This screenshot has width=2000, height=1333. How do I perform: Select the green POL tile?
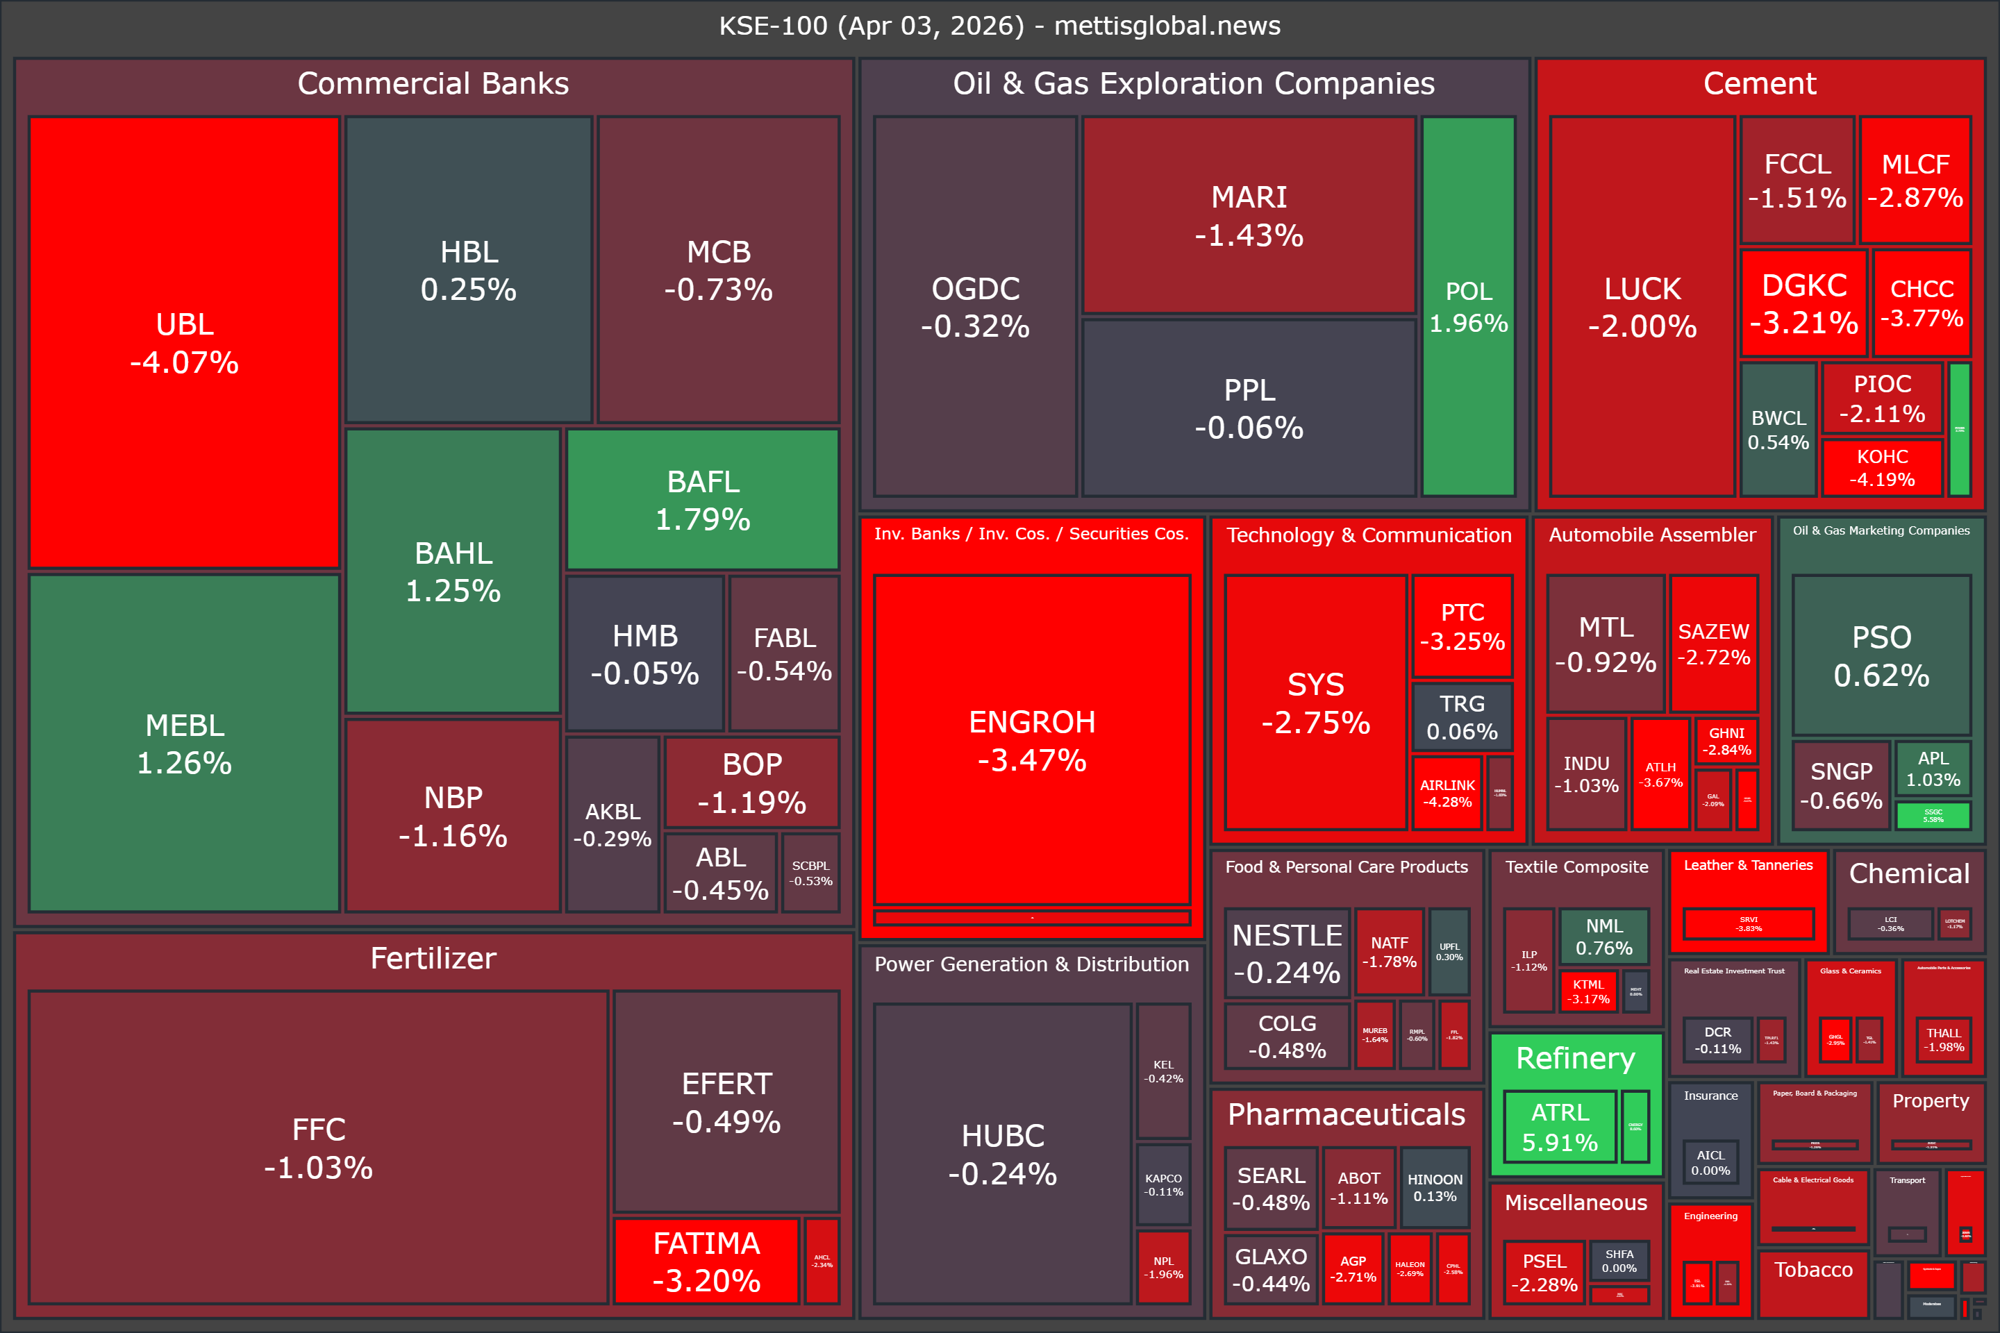pos(1469,306)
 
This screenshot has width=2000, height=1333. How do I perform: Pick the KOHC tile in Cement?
pos(1882,467)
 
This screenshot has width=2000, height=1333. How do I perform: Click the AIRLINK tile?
pos(1447,793)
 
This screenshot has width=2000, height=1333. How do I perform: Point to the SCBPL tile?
pos(810,873)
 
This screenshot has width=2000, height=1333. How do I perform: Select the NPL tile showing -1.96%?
pos(1163,1266)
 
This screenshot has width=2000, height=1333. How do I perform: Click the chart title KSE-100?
pos(999,26)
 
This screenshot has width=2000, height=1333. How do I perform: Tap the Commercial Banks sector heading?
pos(433,83)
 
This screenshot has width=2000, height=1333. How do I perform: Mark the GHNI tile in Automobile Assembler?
pos(1726,741)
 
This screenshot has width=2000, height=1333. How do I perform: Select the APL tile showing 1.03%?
pos(1933,769)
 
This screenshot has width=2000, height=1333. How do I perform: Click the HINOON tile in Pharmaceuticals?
pos(1435,1187)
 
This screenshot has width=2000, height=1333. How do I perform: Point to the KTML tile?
pos(1588,991)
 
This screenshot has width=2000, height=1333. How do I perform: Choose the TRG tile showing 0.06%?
pos(1462,716)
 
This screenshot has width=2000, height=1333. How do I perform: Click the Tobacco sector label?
pos(1813,1269)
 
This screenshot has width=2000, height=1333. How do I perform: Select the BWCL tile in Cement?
pos(1778,429)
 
